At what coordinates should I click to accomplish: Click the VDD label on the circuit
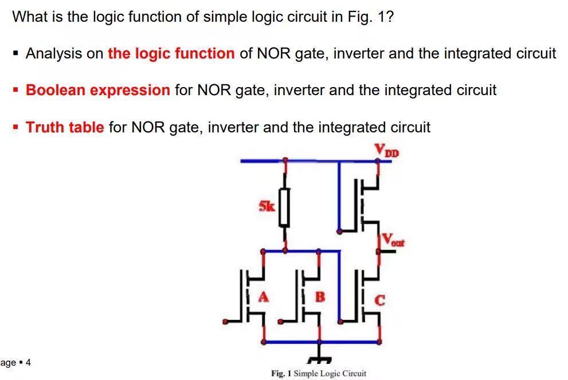tap(386, 150)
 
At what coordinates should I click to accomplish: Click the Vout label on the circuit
tap(393, 240)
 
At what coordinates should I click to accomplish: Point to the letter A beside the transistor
tap(264, 297)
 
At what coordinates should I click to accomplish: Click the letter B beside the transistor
tap(320, 297)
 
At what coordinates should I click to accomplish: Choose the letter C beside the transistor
tap(380, 299)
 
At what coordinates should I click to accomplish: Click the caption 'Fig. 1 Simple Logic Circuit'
tap(318, 373)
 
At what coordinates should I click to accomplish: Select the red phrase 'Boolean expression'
tap(98, 90)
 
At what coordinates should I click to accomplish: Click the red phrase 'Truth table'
tap(65, 127)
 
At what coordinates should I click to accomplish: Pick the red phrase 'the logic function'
tap(171, 53)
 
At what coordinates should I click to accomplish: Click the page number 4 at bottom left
tap(28, 362)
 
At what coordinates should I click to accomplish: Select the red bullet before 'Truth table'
tap(16, 127)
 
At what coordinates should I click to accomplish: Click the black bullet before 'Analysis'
tap(16, 54)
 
